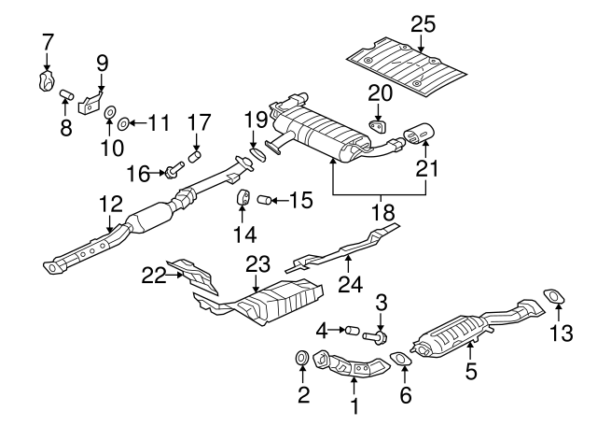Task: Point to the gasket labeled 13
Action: tap(554, 298)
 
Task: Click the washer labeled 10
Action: tap(110, 115)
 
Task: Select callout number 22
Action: tap(153, 275)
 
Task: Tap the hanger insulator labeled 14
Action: tap(241, 198)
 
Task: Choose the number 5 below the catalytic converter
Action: tap(472, 372)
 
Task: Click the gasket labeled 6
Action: tap(401, 360)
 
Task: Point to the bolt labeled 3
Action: tap(382, 334)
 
